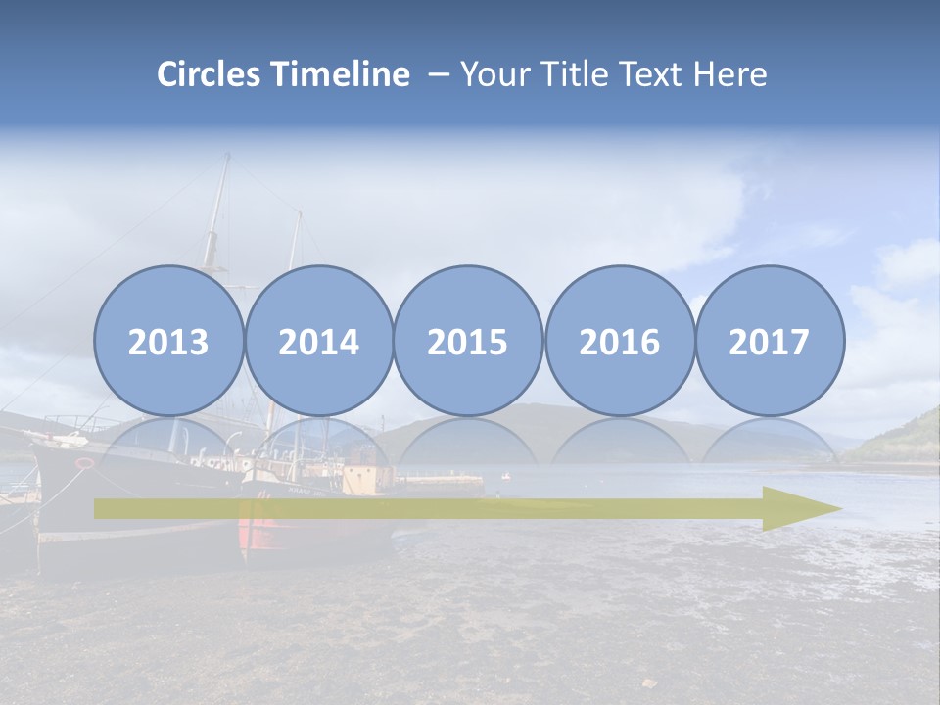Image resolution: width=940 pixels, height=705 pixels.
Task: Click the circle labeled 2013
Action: [x=168, y=341]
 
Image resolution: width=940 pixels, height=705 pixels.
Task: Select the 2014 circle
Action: [x=318, y=341]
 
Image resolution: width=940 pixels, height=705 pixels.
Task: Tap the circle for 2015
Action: [x=468, y=341]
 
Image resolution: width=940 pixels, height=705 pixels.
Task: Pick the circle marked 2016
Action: [x=619, y=341]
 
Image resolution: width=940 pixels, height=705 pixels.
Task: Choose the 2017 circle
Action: [x=769, y=341]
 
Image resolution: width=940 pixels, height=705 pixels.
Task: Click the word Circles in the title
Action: [x=210, y=74]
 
